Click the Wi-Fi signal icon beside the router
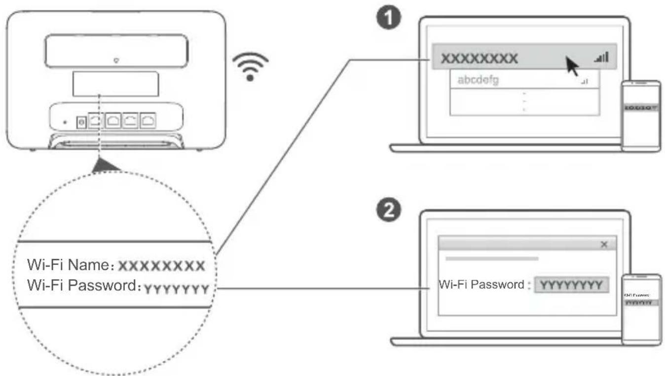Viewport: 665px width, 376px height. click(x=250, y=67)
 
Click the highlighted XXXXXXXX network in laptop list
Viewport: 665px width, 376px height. click(x=479, y=58)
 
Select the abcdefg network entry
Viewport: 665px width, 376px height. click(x=478, y=80)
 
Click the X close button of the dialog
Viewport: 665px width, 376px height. click(x=603, y=245)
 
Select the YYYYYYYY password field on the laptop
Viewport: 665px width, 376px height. click(x=571, y=285)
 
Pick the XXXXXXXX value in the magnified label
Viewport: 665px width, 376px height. click(x=162, y=266)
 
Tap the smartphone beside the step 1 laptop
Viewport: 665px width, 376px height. click(x=640, y=115)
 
